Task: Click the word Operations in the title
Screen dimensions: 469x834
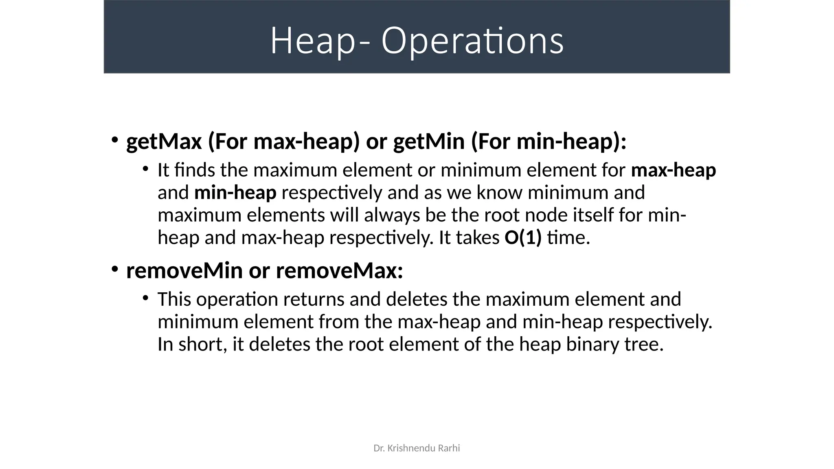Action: coord(472,41)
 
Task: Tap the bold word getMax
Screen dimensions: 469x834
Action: coord(164,142)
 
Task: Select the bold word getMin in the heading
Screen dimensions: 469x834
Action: coord(429,142)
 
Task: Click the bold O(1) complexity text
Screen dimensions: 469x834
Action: coord(523,238)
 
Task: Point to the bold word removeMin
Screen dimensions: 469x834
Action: coord(184,271)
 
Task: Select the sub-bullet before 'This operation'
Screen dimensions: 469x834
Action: coord(145,298)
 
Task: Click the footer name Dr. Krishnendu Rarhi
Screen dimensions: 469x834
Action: coord(417,448)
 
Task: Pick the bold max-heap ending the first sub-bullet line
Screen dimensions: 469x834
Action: coord(674,170)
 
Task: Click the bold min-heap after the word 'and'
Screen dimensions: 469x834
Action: coord(235,193)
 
